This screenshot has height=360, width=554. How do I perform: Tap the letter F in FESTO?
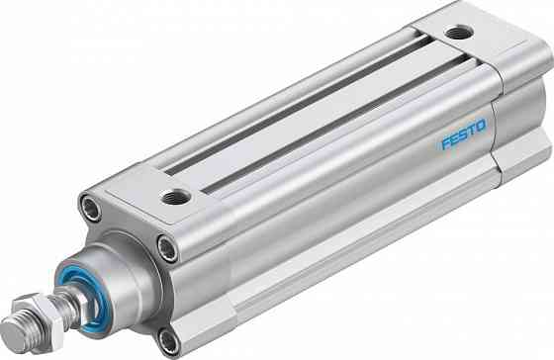coord(445,143)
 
